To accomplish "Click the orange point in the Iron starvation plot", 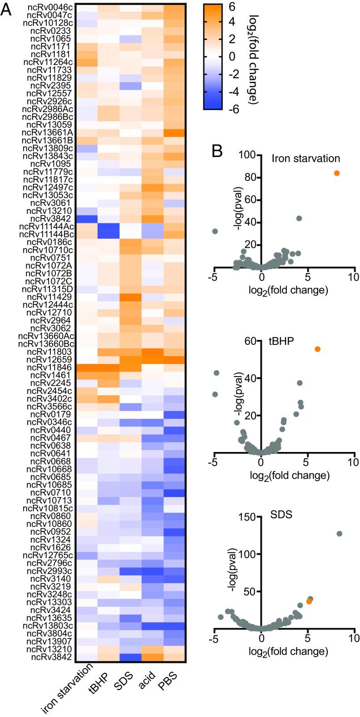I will pyautogui.click(x=336, y=173).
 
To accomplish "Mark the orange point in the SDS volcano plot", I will pyautogui.click(x=309, y=601).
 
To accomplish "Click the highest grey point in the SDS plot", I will pyautogui.click(x=339, y=534).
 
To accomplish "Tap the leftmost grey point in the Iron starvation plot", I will pyautogui.click(x=215, y=231).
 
